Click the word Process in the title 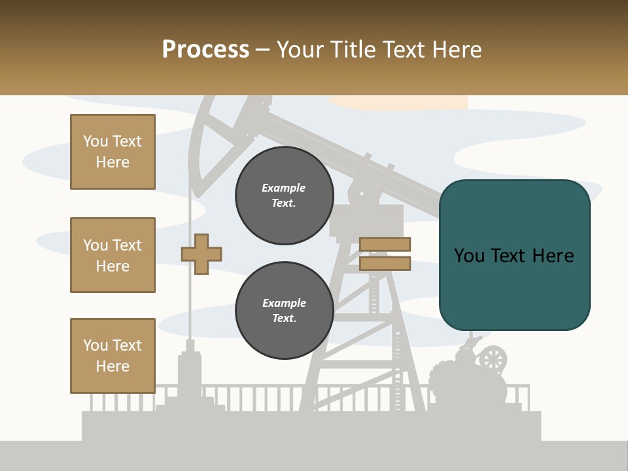coord(205,50)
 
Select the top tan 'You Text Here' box coord(113,152)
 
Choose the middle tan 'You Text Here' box coord(113,255)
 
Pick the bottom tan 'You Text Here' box coord(113,355)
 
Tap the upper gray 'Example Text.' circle coord(284,196)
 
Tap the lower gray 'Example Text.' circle coord(284,311)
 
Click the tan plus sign coord(201,253)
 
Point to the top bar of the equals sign coord(385,244)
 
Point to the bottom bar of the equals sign coord(385,263)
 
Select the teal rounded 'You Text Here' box coord(514,255)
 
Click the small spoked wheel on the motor coord(493,358)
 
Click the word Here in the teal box coord(553,255)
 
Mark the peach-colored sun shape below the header coord(399,102)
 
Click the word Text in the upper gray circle coord(284,203)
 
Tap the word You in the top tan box coord(95,141)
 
